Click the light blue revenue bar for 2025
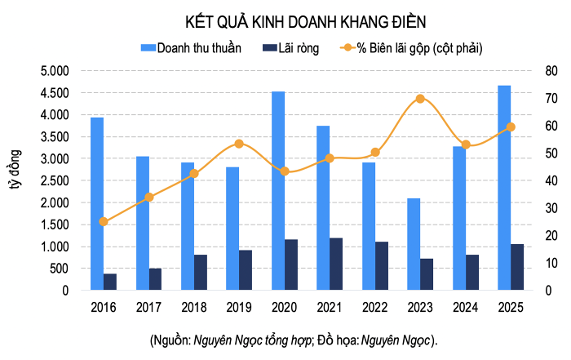click(x=505, y=188)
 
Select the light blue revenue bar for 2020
click(x=278, y=191)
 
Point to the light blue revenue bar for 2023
click(x=414, y=244)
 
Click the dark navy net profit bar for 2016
click(x=110, y=282)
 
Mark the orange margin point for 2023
click(x=420, y=99)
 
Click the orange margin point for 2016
click(x=103, y=221)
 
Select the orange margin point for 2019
click(x=239, y=144)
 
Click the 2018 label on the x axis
click(x=194, y=308)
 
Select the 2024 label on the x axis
click(x=466, y=308)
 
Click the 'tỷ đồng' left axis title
click(x=15, y=169)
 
